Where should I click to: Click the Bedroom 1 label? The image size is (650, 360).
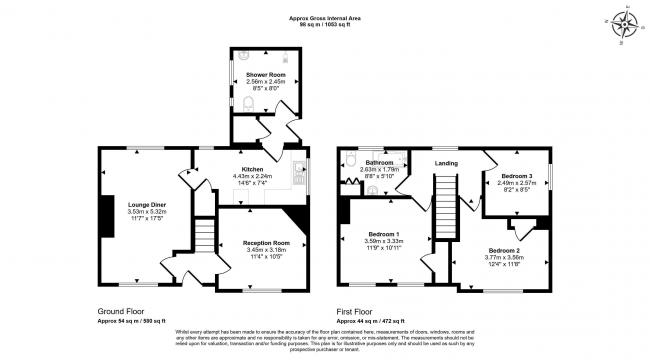384,233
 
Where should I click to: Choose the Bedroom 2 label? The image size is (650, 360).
504,249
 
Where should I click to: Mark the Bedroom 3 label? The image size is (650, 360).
517,176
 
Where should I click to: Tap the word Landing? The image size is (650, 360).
445,163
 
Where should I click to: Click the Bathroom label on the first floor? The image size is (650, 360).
378,162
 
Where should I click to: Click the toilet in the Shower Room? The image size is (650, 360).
246,101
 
